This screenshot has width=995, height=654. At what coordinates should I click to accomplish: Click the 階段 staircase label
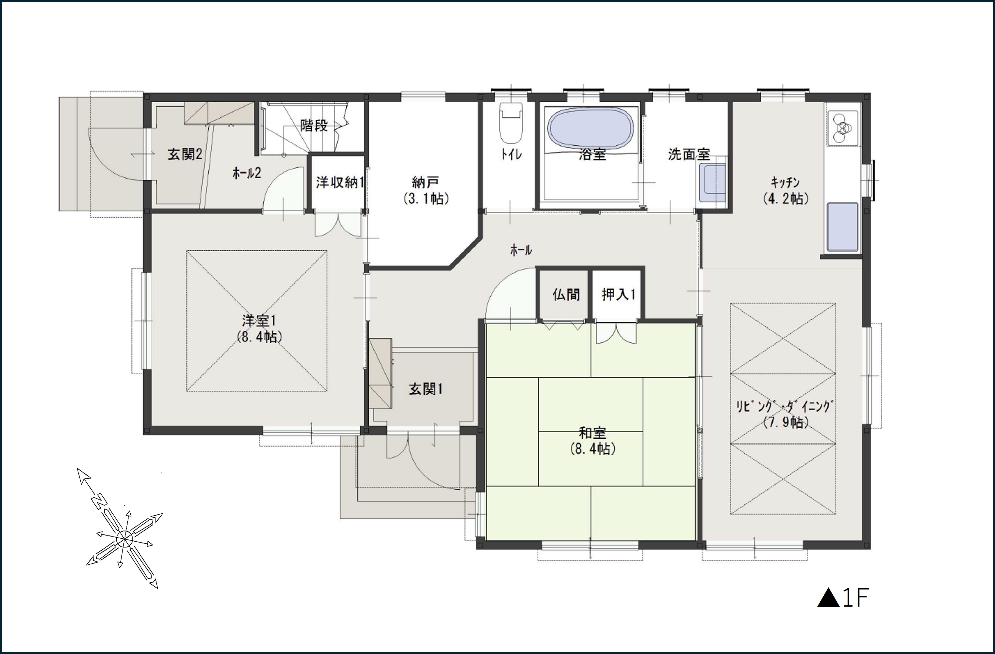pyautogui.click(x=314, y=125)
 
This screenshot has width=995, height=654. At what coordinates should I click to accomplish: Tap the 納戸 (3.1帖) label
pyautogui.click(x=426, y=190)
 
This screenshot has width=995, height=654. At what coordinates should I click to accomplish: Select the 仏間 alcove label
pyautogui.click(x=566, y=295)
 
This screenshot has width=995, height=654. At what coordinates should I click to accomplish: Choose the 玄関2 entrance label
pyautogui.click(x=185, y=154)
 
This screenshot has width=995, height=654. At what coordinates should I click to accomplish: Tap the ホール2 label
pyautogui.click(x=247, y=173)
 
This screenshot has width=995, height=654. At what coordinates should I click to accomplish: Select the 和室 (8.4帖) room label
pyautogui.click(x=592, y=441)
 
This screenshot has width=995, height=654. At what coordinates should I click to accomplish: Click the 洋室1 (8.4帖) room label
pyautogui.click(x=259, y=328)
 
